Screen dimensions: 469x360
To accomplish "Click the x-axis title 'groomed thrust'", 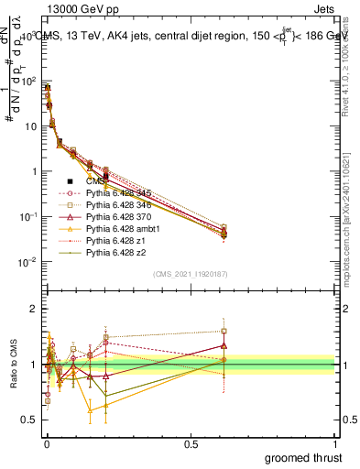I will pos(305,456).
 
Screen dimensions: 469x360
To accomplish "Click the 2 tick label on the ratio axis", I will pos(33,309).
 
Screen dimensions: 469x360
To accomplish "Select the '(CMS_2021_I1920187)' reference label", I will pos(190,274).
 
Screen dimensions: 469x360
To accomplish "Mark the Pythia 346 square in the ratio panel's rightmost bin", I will pos(224,332).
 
